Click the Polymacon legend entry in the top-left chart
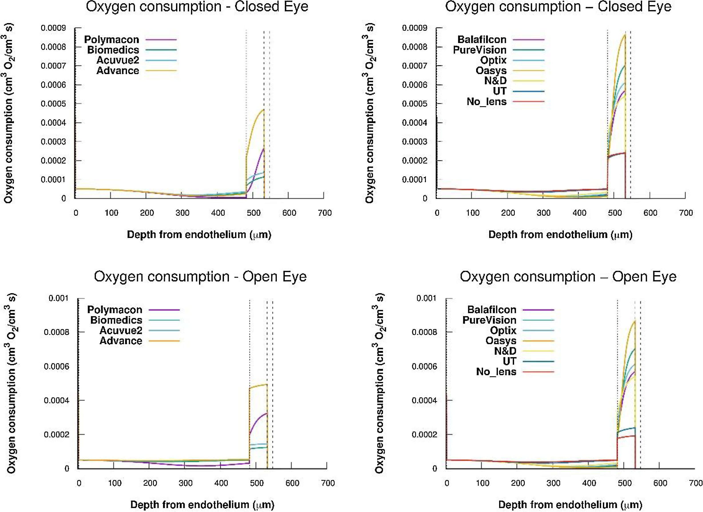(x=112, y=40)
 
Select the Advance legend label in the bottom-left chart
(x=121, y=341)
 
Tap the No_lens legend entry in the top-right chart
(x=486, y=102)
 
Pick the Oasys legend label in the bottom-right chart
(x=501, y=341)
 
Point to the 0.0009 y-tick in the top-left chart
(x=53, y=28)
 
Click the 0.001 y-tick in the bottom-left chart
(x=59, y=298)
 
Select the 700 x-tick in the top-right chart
(x=686, y=213)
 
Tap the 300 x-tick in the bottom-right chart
(x=553, y=483)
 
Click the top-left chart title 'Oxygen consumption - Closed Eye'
(x=197, y=7)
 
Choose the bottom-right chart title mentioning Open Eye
(x=568, y=277)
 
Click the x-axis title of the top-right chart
(x=560, y=235)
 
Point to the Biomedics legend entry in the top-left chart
(x=113, y=50)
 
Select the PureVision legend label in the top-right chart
(x=480, y=50)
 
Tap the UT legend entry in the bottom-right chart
(x=509, y=361)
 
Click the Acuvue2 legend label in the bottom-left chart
(x=121, y=330)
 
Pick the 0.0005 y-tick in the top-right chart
(x=415, y=104)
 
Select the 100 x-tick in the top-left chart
(x=111, y=213)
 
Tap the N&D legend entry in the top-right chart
(x=495, y=81)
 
